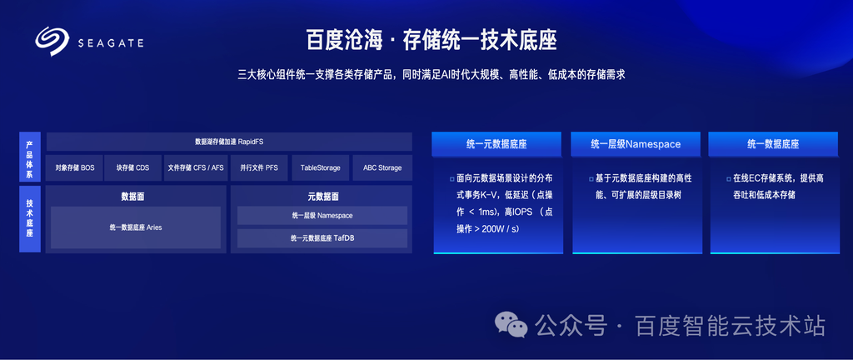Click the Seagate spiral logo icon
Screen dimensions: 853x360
click(x=52, y=42)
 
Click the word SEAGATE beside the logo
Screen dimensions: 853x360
click(x=111, y=43)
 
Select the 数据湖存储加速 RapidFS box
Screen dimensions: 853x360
click(x=229, y=142)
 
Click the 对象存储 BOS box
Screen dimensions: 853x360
click(x=74, y=168)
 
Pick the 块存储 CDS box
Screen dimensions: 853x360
click(x=132, y=168)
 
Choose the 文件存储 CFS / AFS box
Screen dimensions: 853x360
click(x=195, y=168)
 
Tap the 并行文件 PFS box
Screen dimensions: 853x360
click(x=259, y=168)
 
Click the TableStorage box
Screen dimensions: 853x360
click(x=321, y=168)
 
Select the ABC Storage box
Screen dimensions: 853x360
click(x=382, y=168)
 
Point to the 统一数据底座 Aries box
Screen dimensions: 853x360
click(x=136, y=227)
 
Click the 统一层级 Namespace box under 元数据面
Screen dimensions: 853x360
click(x=322, y=215)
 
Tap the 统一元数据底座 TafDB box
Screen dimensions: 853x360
click(x=322, y=237)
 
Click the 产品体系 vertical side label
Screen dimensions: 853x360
click(x=30, y=157)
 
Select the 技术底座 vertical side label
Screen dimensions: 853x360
click(x=30, y=219)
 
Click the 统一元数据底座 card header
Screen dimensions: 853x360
click(x=496, y=144)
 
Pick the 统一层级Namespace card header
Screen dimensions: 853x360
click(x=636, y=144)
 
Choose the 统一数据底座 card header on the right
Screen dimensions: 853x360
click(x=773, y=144)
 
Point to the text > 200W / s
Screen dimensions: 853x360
click(x=501, y=229)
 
